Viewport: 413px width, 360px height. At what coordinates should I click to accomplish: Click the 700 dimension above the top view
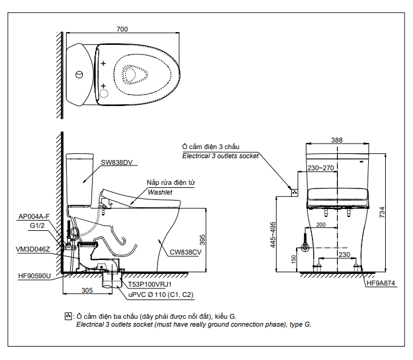122,29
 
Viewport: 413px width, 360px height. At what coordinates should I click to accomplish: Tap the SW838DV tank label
116,162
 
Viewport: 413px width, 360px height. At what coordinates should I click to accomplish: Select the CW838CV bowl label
185,252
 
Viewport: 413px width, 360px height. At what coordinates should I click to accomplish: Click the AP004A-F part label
34,216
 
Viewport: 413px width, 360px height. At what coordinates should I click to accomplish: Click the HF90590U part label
35,276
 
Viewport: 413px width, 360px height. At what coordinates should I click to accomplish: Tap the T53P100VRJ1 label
150,284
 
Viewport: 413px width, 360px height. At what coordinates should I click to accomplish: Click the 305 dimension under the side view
87,291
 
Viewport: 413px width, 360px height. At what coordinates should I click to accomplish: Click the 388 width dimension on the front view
337,140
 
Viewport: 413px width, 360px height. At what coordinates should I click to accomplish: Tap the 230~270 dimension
320,168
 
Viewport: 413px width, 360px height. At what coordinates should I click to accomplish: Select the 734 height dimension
382,212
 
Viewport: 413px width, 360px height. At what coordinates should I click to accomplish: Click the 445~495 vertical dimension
274,235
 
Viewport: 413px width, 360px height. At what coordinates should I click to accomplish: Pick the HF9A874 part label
381,282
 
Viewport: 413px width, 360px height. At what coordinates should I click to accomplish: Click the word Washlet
160,192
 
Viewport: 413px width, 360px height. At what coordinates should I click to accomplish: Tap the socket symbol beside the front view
295,192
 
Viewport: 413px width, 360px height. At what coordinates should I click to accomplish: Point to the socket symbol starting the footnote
68,316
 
